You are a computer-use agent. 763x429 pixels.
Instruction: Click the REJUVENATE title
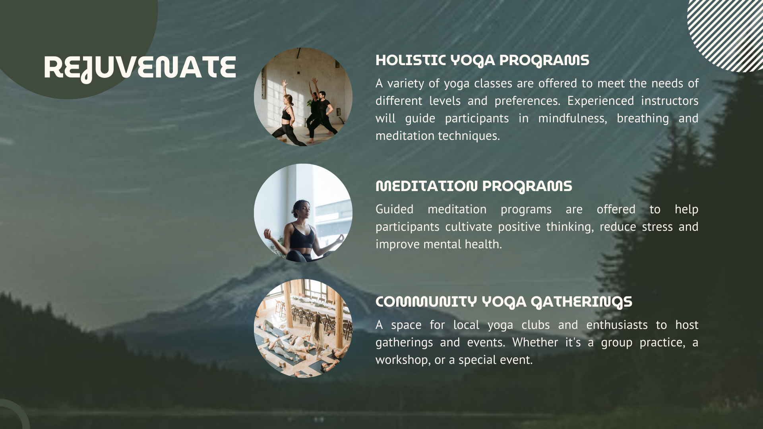pos(140,68)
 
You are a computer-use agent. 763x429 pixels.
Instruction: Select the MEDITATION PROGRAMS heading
pos(474,186)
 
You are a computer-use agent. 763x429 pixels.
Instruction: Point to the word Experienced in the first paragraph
pos(600,101)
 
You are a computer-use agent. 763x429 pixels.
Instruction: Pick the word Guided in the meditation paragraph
pos(394,209)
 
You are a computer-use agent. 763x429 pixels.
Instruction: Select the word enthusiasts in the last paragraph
pos(617,325)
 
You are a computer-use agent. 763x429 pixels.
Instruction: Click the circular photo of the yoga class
pos(303,97)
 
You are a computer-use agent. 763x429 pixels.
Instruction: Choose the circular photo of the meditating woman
pos(303,213)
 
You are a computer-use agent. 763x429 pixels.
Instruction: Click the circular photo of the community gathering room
pos(303,329)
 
